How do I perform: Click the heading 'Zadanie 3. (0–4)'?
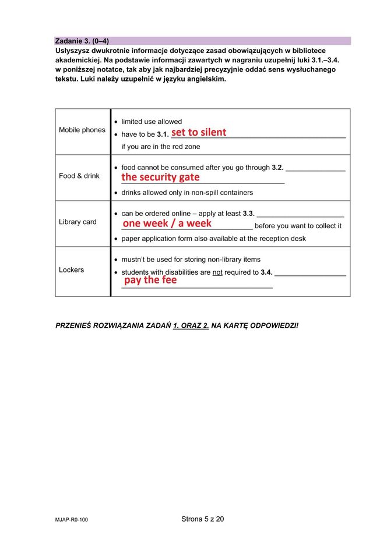pos(82,41)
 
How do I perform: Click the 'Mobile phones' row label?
pos(82,130)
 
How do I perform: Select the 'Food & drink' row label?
pos(79,176)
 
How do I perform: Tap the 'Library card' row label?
pos(78,222)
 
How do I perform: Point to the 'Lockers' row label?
pos(72,270)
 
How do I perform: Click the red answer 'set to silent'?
pos(199,132)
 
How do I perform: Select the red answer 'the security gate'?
pos(160,177)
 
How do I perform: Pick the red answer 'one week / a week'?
pos(167,223)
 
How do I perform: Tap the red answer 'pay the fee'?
pos(150,280)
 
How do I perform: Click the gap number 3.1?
pos(163,135)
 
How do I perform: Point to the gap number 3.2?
pos(277,168)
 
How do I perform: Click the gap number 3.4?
pos(266,272)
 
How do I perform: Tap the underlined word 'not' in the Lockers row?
pos(217,272)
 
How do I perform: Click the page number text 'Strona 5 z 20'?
pos(202,519)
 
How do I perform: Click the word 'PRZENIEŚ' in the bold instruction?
pos(75,325)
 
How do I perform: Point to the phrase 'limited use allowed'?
pos(152,122)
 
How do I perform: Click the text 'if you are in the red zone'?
pos(160,147)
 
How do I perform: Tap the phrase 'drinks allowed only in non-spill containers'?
pos(187,193)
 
